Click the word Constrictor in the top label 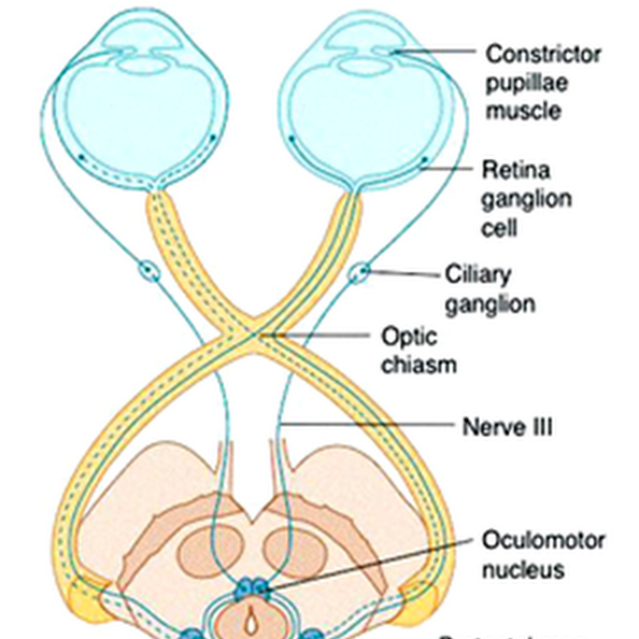pyautogui.click(x=543, y=54)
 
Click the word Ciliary pyautogui.click(x=478, y=275)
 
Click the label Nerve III pyautogui.click(x=507, y=426)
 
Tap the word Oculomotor pyautogui.click(x=543, y=540)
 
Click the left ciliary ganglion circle pyautogui.click(x=149, y=272)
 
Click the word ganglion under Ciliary pyautogui.click(x=490, y=304)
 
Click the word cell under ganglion pyautogui.click(x=500, y=227)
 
